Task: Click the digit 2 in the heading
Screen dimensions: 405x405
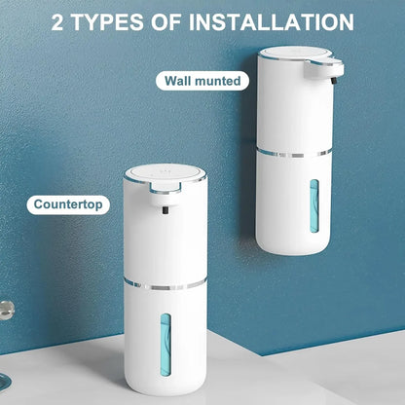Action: (59, 20)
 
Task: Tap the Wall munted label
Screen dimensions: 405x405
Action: (202, 81)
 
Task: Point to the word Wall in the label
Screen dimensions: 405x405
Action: (179, 81)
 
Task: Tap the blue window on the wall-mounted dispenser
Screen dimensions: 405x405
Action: (313, 203)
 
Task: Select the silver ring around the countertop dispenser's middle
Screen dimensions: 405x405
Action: (166, 284)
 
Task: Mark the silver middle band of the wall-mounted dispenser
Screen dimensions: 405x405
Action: (298, 151)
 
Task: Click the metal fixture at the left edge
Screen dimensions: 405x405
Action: (6, 309)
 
